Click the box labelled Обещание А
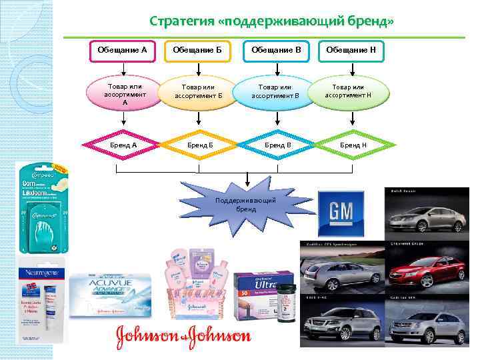tap(122, 50)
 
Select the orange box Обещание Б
tap(197, 50)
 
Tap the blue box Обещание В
tap(276, 50)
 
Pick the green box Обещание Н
tap(352, 50)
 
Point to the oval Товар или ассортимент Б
tap(198, 92)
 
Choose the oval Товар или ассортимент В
tap(275, 92)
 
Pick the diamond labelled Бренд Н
tap(353, 145)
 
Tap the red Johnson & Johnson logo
tap(184, 335)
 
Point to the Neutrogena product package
tap(42, 303)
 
